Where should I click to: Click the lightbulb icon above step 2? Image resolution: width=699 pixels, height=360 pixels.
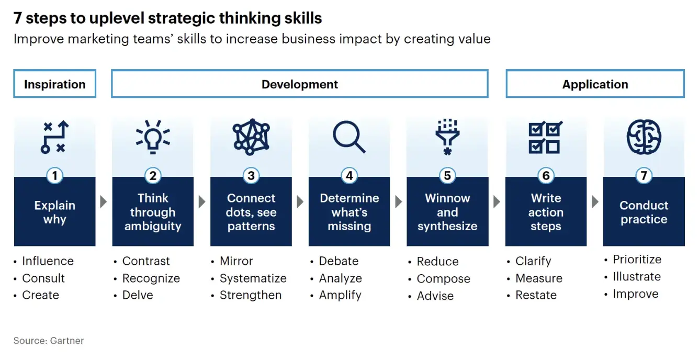coord(153,137)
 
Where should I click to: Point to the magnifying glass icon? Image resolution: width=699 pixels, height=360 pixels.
coord(349,137)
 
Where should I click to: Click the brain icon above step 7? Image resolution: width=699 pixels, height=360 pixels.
coord(644,137)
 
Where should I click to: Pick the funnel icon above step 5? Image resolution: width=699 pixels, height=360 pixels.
coord(447,137)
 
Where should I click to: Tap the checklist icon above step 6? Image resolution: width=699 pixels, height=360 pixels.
coord(546,137)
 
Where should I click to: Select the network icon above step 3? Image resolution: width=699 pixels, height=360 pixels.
coord(251,137)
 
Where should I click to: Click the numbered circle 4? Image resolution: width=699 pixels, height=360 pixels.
coord(349,176)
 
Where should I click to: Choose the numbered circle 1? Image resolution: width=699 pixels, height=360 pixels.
coord(54,176)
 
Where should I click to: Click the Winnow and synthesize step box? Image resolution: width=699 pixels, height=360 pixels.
coord(447,211)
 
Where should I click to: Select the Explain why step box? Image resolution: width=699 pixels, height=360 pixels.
coord(54,211)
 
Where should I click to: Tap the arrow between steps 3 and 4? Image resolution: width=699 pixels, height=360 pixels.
coord(300,201)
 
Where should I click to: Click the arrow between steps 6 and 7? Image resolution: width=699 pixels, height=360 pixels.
coord(595,201)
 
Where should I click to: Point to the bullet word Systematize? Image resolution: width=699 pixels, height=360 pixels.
coord(253,278)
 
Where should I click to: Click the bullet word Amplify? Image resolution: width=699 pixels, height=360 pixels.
coord(340,295)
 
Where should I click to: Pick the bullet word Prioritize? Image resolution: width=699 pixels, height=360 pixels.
coord(637,259)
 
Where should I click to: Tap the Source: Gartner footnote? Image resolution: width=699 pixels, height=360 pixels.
coord(49,340)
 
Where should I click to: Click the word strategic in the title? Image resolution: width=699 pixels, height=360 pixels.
coord(182,18)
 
